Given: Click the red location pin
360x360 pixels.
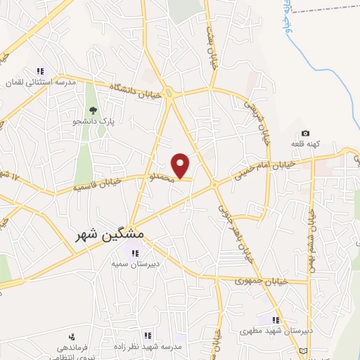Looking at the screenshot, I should click(x=181, y=165).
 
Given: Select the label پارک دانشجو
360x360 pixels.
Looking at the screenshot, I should click(x=92, y=122).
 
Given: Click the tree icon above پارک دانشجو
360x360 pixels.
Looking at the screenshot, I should click(x=92, y=110).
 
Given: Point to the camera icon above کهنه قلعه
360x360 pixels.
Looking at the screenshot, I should click(x=305, y=134).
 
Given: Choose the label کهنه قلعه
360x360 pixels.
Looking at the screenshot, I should click(x=306, y=144).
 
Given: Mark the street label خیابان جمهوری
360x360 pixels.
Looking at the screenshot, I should click(x=259, y=281).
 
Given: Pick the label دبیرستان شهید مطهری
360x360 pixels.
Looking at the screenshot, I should click(x=266, y=330).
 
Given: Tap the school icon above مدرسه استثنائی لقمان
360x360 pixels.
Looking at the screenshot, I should click(x=40, y=71).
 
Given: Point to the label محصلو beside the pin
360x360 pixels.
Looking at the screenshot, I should click(x=159, y=179).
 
